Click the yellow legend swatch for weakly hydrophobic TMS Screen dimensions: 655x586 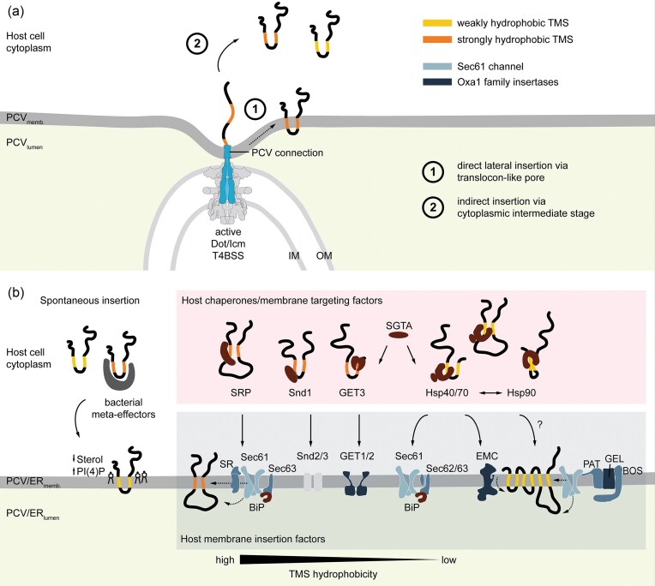[x=437, y=23]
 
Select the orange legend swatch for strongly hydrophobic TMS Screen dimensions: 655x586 [x=437, y=39]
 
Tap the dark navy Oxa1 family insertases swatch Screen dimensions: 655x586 [x=437, y=81]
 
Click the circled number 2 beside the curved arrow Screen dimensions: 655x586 [x=197, y=43]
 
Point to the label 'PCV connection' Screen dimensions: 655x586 [x=287, y=152]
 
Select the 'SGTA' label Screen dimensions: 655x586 [x=399, y=326]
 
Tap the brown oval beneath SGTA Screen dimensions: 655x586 [x=399, y=335]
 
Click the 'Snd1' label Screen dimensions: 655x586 [x=300, y=392]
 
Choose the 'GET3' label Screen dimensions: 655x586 [x=352, y=392]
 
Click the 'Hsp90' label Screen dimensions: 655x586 [x=521, y=392]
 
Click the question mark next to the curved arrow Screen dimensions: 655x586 [x=540, y=424]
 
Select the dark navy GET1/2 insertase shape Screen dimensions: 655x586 [x=356, y=483]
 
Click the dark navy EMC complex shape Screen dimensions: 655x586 [x=487, y=483]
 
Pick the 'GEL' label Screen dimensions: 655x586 [x=614, y=458]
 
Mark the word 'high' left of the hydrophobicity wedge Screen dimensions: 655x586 [x=225, y=560]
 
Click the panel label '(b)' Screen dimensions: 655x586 [x=16, y=293]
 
